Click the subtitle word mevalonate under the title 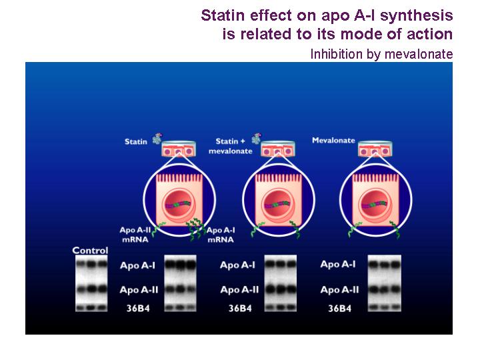click(x=419, y=54)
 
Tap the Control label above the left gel click(x=90, y=251)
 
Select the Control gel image click(x=91, y=283)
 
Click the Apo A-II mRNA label click(x=135, y=235)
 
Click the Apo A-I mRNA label click(x=221, y=235)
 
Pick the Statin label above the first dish click(x=136, y=141)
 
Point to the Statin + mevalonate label click(x=231, y=146)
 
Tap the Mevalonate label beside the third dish click(x=333, y=140)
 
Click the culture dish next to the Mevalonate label click(x=375, y=149)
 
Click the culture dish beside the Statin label click(x=179, y=149)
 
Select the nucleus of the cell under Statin click(x=179, y=203)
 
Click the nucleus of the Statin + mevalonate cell click(x=278, y=203)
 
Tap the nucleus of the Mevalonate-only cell click(x=375, y=203)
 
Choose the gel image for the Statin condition click(x=180, y=283)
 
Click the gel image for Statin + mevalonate click(x=281, y=283)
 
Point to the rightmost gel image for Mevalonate click(x=385, y=283)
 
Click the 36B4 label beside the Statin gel click(x=138, y=308)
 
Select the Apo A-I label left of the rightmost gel click(x=338, y=264)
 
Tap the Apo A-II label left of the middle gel click(x=239, y=289)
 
